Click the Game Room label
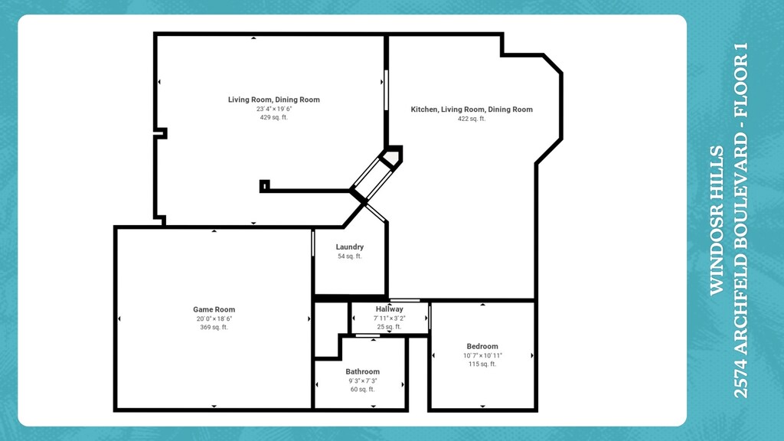click(x=214, y=309)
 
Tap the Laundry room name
click(x=350, y=247)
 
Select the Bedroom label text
click(x=482, y=346)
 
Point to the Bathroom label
click(x=362, y=371)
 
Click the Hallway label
click(x=389, y=309)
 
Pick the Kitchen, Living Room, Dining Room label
click(x=472, y=109)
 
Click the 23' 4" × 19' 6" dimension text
click(x=274, y=109)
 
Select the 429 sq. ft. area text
click(x=274, y=118)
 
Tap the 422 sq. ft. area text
click(x=472, y=119)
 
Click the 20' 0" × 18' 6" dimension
click(x=214, y=318)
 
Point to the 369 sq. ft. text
click(x=214, y=328)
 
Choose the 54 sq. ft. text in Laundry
click(x=350, y=256)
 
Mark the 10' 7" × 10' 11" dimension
click(x=482, y=355)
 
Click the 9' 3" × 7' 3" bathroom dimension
click(x=362, y=381)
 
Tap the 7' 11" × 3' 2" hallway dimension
click(x=389, y=318)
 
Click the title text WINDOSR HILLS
click(x=716, y=220)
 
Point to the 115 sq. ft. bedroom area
click(x=482, y=364)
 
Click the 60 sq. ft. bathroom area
click(x=362, y=390)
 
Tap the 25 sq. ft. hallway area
click(x=389, y=327)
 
